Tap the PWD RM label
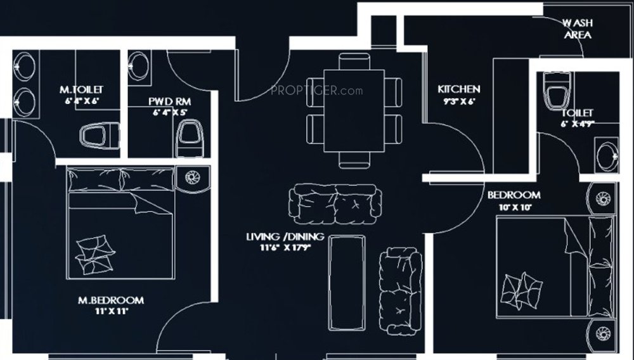click(170, 101)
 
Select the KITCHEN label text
click(459, 89)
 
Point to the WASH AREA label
click(577, 29)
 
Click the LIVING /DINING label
click(285, 237)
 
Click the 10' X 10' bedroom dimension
click(513, 207)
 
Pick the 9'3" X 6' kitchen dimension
click(458, 101)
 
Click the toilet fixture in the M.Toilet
click(98, 136)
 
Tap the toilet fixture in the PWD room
click(189, 138)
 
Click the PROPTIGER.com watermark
click(316, 91)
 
